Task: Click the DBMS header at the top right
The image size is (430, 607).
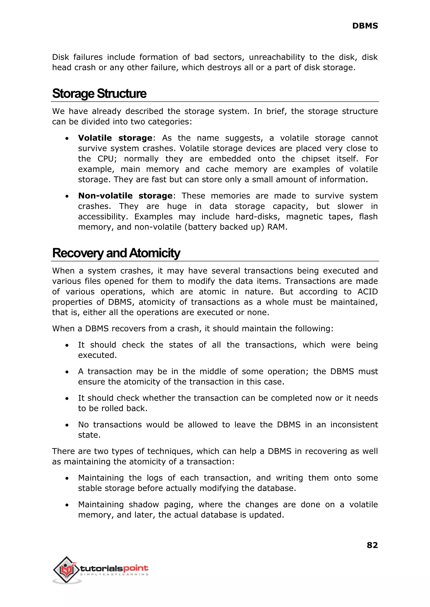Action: pos(365,26)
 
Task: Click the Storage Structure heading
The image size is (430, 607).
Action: pos(99,94)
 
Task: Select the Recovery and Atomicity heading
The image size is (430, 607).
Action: pos(116,253)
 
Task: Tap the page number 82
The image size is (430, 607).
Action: pos(372,545)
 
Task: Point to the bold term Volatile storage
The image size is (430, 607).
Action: pos(115,138)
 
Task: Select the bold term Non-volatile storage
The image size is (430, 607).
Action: pos(125,196)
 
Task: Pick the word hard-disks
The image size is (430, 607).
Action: pos(258,217)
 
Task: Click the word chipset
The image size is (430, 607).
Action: pos(316,159)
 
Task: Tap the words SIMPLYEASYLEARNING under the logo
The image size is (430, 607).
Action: pos(114,574)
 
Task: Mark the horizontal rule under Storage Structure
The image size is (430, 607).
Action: pos(215,102)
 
